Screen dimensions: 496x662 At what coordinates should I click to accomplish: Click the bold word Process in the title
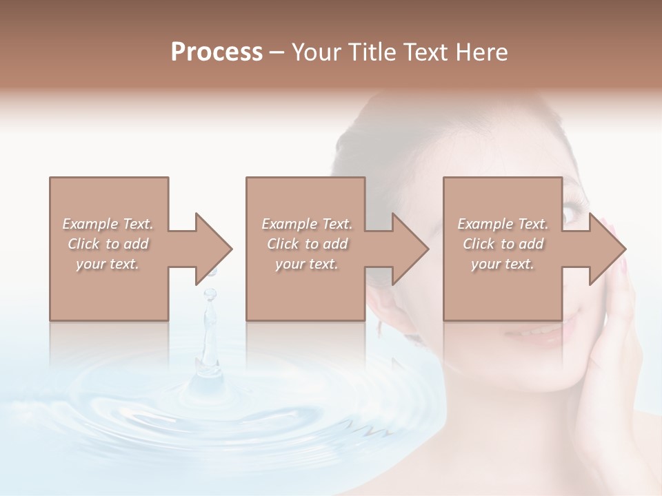tap(217, 52)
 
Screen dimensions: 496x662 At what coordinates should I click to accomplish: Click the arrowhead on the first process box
tap(214, 249)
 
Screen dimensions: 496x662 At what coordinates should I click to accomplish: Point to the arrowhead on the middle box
tap(411, 249)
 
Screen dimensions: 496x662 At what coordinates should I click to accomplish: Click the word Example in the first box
tap(90, 224)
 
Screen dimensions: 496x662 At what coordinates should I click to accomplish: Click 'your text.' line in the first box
tap(108, 264)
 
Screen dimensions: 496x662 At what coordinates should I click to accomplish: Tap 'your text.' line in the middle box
tap(306, 264)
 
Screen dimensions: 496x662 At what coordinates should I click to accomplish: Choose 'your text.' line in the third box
tap(503, 264)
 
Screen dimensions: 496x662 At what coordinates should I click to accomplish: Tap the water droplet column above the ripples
tap(207, 331)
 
